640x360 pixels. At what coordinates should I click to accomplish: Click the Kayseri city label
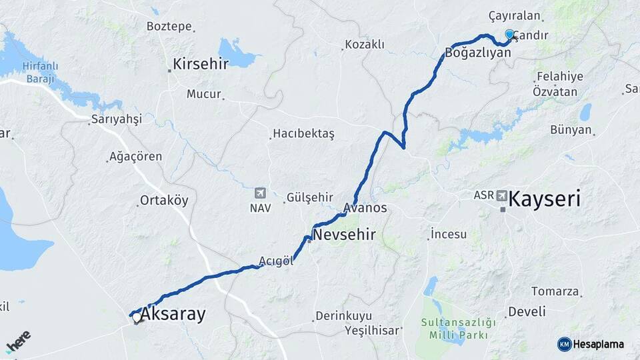pos(544,199)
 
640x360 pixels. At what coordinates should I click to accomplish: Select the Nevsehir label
pos(344,235)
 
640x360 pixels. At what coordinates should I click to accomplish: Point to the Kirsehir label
pos(201,64)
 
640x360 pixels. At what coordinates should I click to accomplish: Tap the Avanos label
pos(365,208)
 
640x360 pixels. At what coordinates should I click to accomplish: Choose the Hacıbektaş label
pos(303,134)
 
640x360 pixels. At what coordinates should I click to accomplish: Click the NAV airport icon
pos(260,193)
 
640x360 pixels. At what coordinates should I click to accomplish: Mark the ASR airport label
pos(483,195)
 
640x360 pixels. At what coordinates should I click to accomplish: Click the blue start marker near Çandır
pos(510,34)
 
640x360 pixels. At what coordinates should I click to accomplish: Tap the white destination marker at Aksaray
pos(137,318)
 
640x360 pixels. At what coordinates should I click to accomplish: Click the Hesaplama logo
pos(591,344)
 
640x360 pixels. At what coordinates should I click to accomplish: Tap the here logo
pos(19,341)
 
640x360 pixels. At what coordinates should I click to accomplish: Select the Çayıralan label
pos(514,15)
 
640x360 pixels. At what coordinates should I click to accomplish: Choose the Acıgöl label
pos(276,261)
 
